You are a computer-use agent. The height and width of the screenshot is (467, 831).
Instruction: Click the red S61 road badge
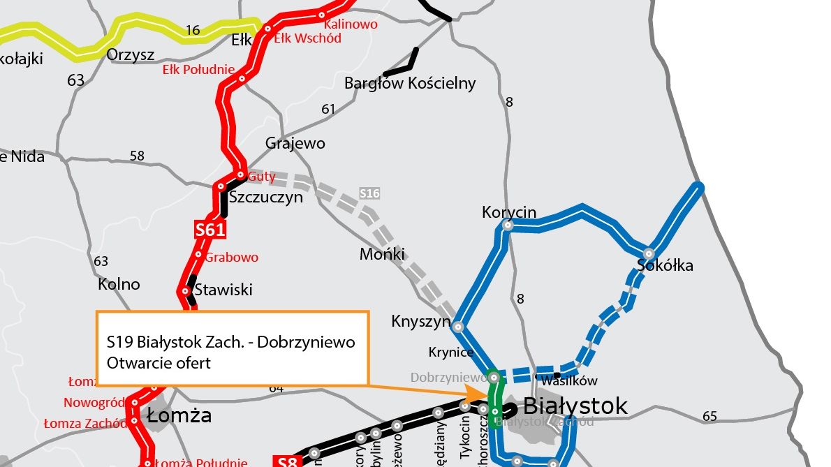click(209, 230)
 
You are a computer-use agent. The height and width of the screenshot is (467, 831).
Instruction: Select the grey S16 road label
click(369, 192)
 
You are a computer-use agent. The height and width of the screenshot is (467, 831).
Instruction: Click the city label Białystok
click(575, 406)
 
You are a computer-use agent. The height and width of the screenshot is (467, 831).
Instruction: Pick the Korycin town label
click(508, 212)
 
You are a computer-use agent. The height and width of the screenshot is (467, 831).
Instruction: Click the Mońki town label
click(382, 254)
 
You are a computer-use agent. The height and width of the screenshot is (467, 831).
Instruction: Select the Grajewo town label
click(295, 144)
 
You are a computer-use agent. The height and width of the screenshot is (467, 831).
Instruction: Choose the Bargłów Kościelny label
click(410, 84)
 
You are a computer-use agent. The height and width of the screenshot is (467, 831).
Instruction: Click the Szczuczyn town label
click(266, 197)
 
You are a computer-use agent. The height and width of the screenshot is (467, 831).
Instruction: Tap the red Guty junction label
click(262, 177)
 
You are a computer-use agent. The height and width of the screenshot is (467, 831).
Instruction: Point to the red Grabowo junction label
click(232, 257)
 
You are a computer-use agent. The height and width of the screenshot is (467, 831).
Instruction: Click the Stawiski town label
click(223, 289)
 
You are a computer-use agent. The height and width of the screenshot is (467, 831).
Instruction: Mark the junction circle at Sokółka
click(649, 253)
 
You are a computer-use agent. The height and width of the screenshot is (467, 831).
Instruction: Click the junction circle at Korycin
click(508, 225)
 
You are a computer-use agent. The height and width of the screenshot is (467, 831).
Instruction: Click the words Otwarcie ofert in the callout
click(159, 363)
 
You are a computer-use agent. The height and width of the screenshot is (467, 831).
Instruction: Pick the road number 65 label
click(709, 417)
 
